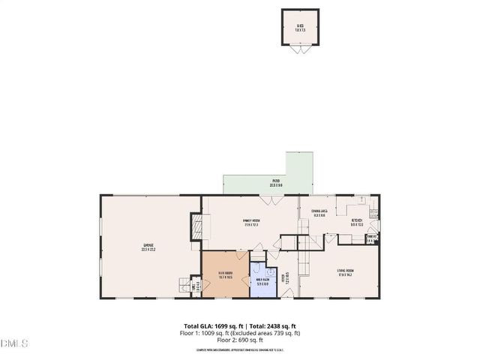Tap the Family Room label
coord(250,223)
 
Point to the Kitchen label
coord(358,222)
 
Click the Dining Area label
coord(318,214)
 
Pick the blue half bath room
coord(263,280)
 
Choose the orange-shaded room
coord(225,275)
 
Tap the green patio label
coord(276,182)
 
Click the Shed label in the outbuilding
coord(300,28)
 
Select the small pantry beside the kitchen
coord(370,239)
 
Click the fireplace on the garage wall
coord(197,226)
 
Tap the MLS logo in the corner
coord(13,343)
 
